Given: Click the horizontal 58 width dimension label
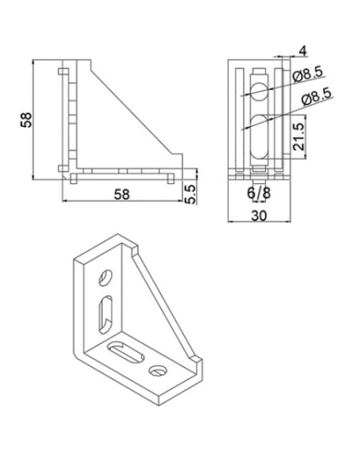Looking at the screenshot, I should click(x=120, y=193).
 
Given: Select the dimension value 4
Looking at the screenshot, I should click(x=301, y=51).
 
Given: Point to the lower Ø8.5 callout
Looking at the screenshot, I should click(x=319, y=100).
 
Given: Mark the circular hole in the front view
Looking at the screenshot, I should click(x=258, y=90).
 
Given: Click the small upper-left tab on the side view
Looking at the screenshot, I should click(x=61, y=73).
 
